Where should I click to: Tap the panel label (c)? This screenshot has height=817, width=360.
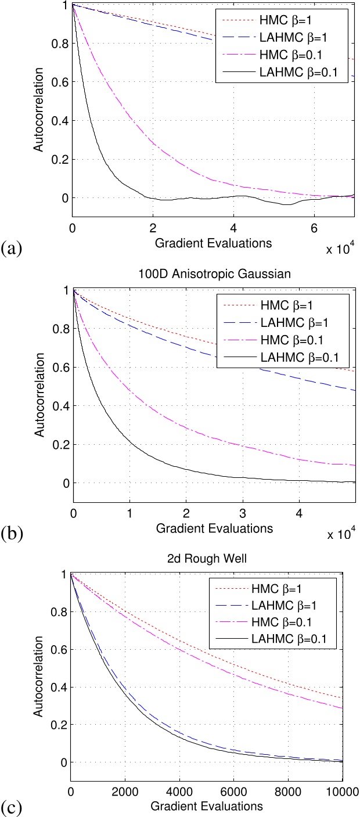pos(12,806)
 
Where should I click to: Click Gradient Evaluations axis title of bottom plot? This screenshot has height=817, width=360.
pos(207,807)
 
